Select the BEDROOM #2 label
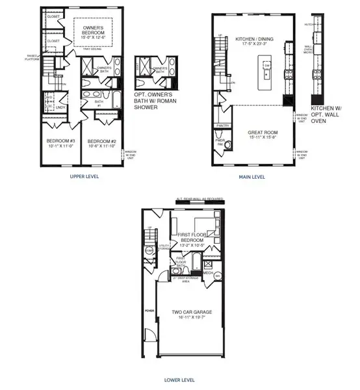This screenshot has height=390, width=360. coord(101,141)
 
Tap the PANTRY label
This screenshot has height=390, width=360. coord(223,125)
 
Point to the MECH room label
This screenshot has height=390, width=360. coord(208,273)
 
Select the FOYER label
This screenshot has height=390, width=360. coord(149,311)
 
